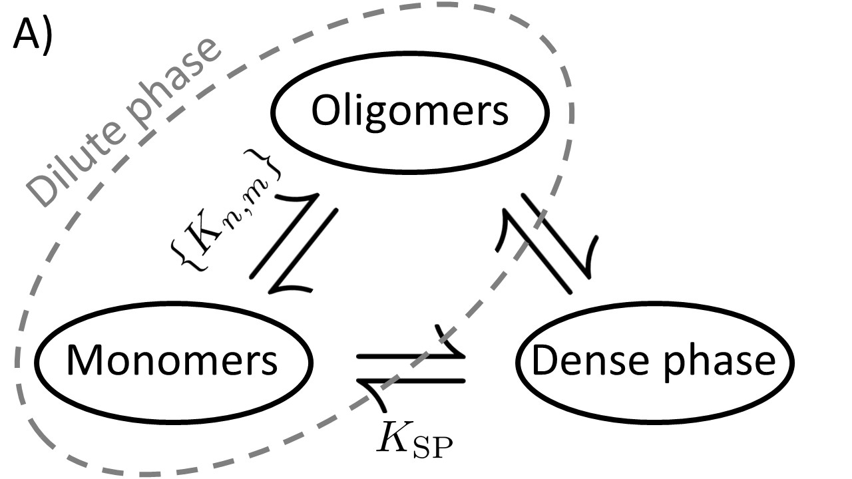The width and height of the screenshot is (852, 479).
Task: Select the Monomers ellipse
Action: coord(172,361)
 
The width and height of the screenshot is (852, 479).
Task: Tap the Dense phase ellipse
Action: coord(655,361)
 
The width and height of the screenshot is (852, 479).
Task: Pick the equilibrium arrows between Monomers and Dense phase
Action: coord(410,373)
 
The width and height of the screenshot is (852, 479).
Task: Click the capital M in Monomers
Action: coord(83,361)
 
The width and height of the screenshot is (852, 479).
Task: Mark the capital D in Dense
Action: coord(543,361)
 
